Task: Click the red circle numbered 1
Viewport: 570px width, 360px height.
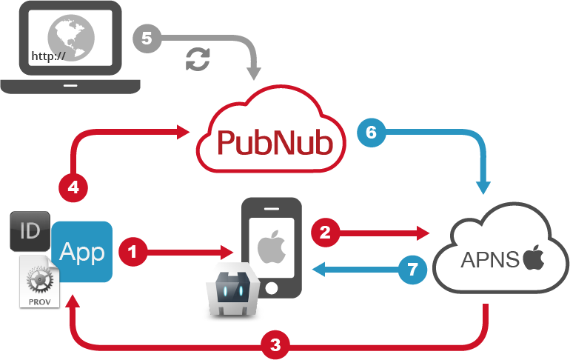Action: tap(133, 252)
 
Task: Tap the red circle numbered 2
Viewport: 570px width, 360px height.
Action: tap(325, 232)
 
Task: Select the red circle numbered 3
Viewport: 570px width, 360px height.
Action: tap(275, 344)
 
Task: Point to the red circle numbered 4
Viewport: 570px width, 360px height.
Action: tap(73, 187)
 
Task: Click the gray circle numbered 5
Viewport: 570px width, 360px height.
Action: tap(147, 38)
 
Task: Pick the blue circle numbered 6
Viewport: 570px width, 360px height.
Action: tap(371, 133)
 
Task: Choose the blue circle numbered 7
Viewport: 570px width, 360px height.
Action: tap(412, 268)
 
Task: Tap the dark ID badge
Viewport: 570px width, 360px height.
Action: tap(30, 230)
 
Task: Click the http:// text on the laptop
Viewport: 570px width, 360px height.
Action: tap(48, 56)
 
